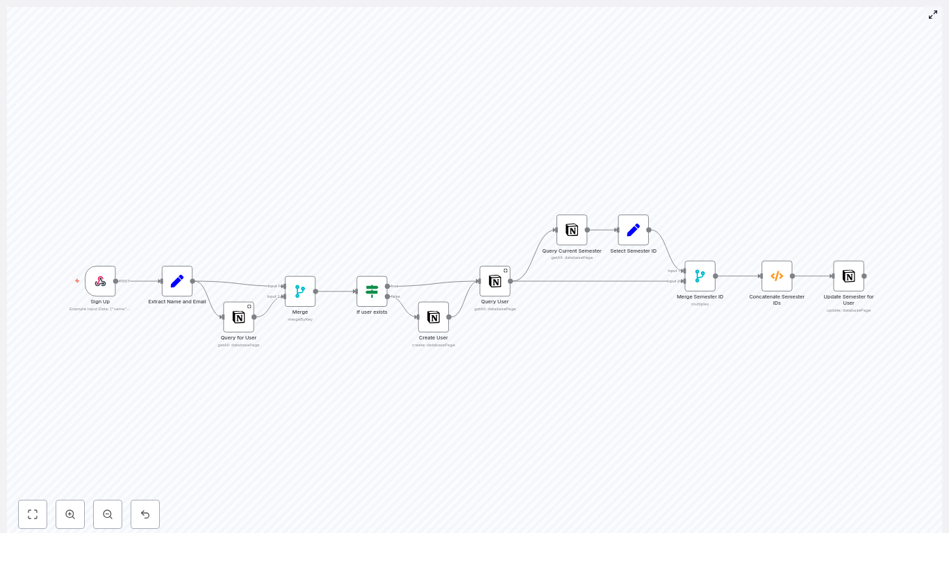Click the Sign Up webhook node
coord(100,281)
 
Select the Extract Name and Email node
coord(177,281)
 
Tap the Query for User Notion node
coord(238,317)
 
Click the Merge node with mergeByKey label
coord(300,292)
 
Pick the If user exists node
coord(372,292)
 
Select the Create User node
coord(434,317)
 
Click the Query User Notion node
coord(495,281)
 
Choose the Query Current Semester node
coord(572,230)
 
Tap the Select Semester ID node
coord(634,230)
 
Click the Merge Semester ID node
coord(700,276)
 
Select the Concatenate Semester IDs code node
coord(777,276)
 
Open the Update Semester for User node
coord(849,276)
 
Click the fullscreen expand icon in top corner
coord(933,15)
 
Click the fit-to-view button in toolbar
coord(33,514)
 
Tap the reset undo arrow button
coord(145,514)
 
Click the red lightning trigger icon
coord(77,281)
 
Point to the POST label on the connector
coord(124,281)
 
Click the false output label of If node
coord(395,296)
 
